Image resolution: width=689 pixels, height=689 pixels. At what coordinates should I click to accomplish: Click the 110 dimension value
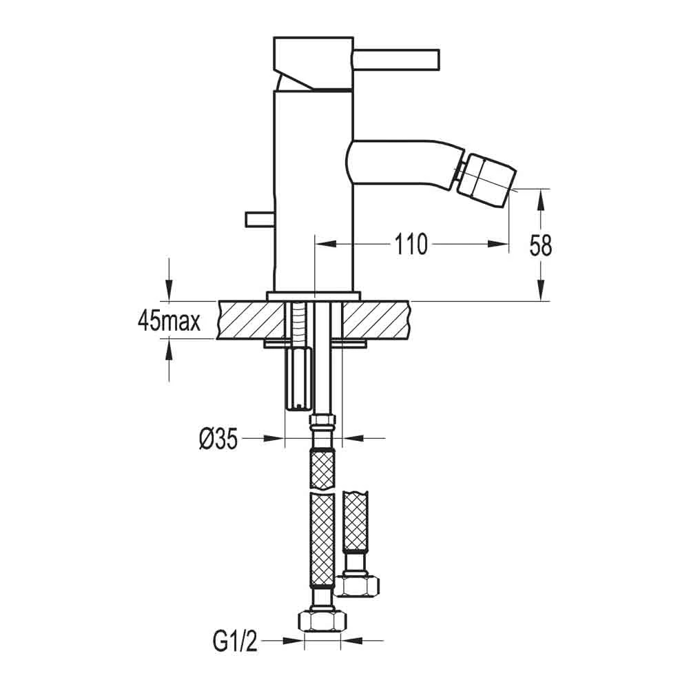coord(411,244)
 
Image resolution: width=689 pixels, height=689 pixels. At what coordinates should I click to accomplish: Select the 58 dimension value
coord(541,245)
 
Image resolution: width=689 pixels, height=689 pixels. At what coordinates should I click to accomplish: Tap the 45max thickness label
coord(169,321)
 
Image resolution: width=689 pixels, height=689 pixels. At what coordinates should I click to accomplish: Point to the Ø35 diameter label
coord(218,438)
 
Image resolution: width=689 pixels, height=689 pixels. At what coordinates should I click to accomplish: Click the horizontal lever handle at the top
coord(396,59)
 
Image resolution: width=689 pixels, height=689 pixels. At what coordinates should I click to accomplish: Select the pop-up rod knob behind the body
coord(259,219)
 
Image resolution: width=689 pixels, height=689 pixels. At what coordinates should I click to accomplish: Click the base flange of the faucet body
coord(313,296)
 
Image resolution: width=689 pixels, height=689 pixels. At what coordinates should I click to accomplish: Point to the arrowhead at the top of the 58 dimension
coord(542,196)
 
